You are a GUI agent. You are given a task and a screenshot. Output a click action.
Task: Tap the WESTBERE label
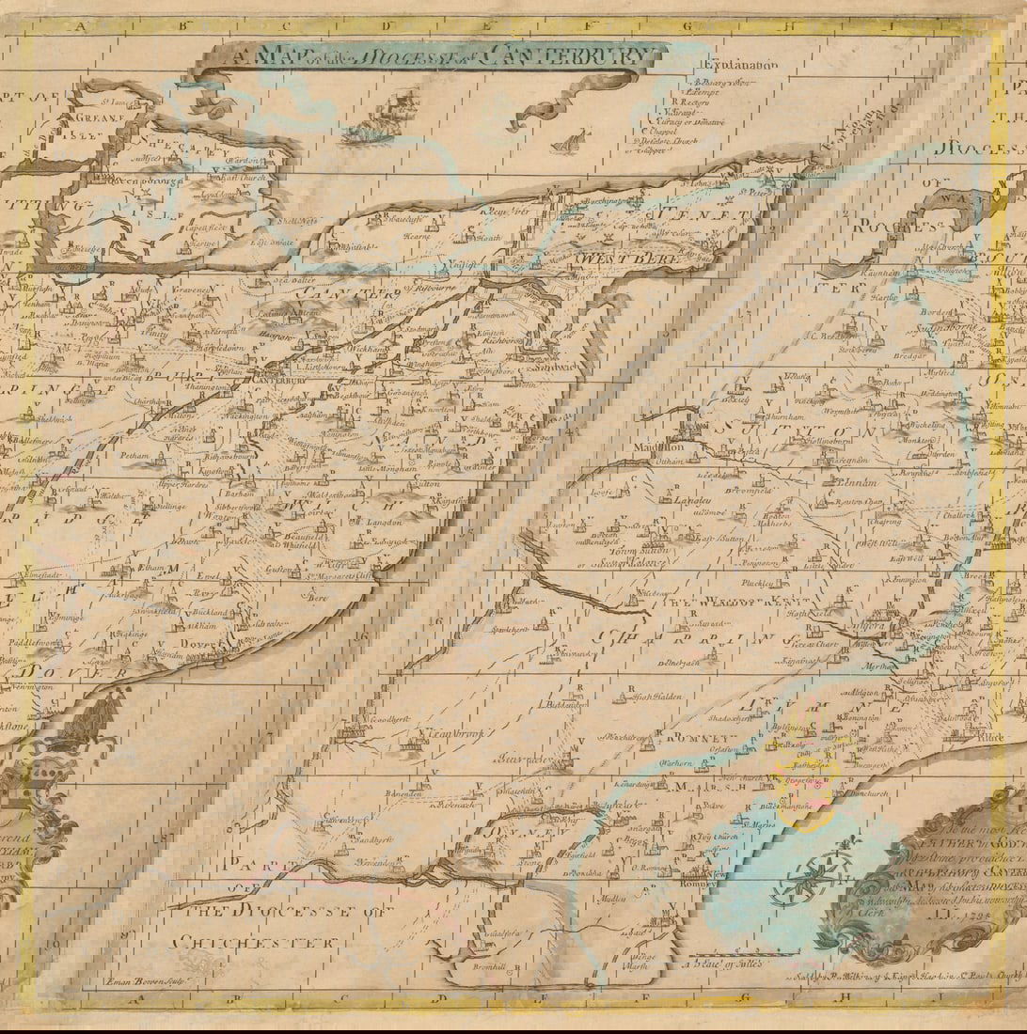pyautogui.click(x=615, y=256)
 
